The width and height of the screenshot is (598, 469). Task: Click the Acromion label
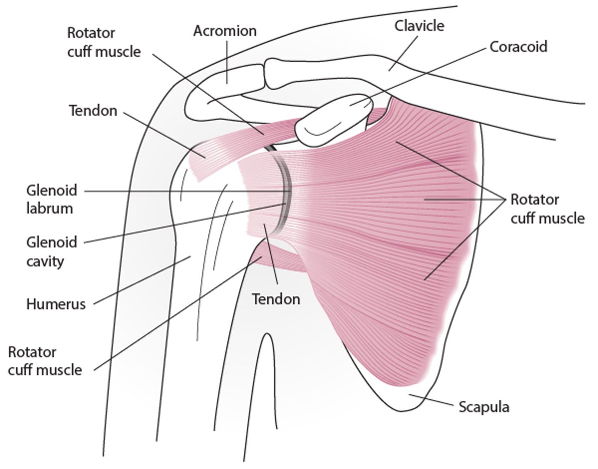point(225,31)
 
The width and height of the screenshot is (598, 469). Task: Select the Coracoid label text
point(518,46)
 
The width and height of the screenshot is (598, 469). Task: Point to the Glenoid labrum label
point(51,199)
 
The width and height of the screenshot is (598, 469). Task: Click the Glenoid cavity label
point(51,251)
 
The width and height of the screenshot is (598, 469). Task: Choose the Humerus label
point(56,304)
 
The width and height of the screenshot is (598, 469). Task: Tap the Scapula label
point(484,407)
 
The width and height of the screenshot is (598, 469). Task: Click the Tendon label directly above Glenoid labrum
point(93,110)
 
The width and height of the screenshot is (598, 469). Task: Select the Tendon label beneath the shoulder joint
point(276,299)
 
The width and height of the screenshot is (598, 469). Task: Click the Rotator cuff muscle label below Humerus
point(45,361)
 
